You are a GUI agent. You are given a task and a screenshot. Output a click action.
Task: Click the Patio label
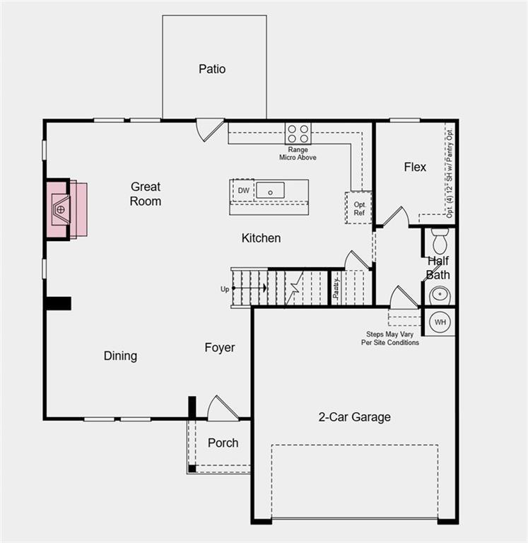pyautogui.click(x=212, y=69)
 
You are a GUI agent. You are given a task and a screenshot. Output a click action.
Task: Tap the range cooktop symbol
pyautogui.click(x=298, y=133)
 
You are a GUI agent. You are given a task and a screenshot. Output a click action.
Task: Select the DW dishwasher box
pyautogui.click(x=243, y=191)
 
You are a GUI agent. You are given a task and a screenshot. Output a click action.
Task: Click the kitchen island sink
pyautogui.click(x=270, y=190)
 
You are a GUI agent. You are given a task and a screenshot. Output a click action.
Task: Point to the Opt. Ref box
pyautogui.click(x=359, y=209)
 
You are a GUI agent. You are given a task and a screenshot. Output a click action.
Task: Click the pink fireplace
pyautogui.click(x=66, y=210)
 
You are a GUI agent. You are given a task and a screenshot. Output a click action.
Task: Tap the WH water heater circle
pyautogui.click(x=440, y=322)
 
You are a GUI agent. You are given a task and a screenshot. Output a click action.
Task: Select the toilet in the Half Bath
pyautogui.click(x=440, y=240)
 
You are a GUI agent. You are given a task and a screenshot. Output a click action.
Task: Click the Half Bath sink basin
pyautogui.click(x=440, y=294)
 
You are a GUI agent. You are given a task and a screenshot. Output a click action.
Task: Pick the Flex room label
pyautogui.click(x=415, y=168)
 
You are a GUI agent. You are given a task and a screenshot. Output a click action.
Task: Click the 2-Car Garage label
pyautogui.click(x=354, y=417)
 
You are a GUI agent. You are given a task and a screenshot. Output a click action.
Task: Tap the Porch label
pyautogui.click(x=223, y=443)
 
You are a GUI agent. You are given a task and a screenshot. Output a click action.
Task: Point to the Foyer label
pyautogui.click(x=220, y=348)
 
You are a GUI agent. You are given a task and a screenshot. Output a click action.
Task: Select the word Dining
pyautogui.click(x=120, y=356)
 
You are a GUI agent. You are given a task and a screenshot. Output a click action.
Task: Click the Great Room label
pyautogui.click(x=146, y=194)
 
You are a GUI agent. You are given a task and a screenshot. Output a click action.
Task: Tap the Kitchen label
pyautogui.click(x=261, y=238)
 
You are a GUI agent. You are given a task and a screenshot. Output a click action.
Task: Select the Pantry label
pyautogui.click(x=337, y=288)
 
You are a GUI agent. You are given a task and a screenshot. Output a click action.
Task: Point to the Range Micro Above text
pyautogui.click(x=298, y=153)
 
